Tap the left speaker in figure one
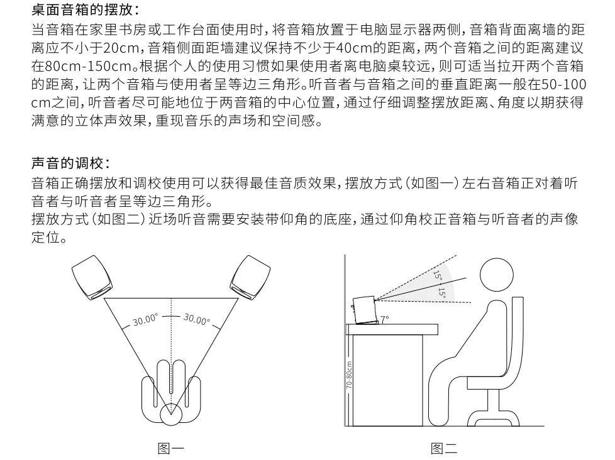[x=92, y=277]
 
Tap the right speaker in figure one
[x=250, y=278]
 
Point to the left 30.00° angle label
[x=145, y=320]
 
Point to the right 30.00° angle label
[x=196, y=319]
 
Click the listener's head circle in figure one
[x=171, y=414]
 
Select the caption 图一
[x=171, y=448]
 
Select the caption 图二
[x=444, y=448]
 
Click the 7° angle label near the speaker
[x=384, y=319]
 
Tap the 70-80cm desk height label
[x=349, y=375]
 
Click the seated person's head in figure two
[x=497, y=274]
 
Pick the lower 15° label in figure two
[x=442, y=293]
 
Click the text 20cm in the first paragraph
[x=121, y=48]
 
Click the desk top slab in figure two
[x=392, y=329]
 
